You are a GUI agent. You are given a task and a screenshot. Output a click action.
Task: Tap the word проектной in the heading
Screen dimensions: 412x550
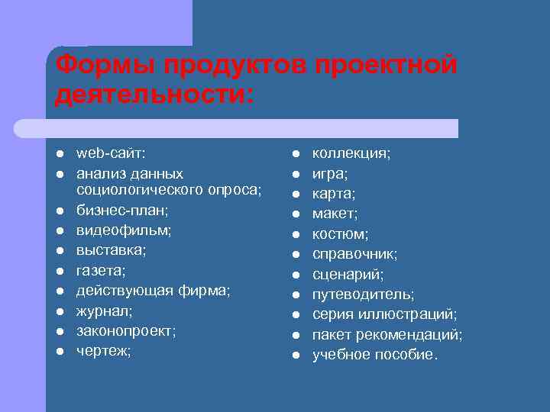click(384, 66)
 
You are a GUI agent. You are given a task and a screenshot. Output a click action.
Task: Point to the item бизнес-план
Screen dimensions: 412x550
click(112, 209)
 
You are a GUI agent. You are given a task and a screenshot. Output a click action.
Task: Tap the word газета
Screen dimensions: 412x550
click(100, 269)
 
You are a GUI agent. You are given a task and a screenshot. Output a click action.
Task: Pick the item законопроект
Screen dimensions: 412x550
click(125, 331)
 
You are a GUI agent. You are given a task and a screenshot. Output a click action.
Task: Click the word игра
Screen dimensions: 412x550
click(330, 173)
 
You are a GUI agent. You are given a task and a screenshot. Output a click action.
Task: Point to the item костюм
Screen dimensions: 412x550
click(340, 233)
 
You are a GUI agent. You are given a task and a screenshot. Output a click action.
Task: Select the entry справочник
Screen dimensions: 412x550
click(354, 253)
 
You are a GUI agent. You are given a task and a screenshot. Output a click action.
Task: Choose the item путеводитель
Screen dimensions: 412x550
click(364, 294)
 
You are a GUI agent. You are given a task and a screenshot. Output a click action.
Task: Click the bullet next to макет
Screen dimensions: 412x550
click(295, 214)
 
